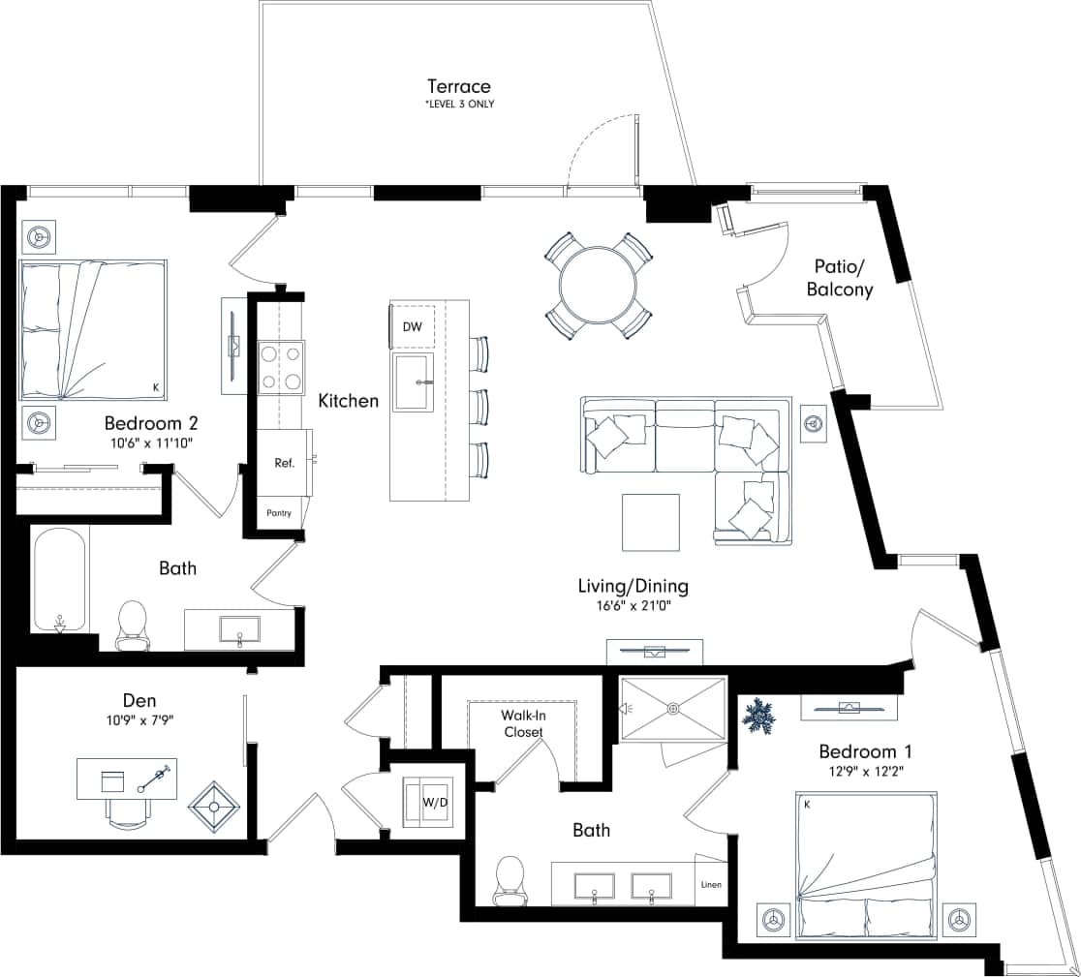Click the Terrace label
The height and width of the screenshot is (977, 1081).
(x=459, y=87)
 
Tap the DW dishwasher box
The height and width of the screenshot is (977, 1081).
(x=413, y=327)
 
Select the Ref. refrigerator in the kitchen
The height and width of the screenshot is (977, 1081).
(x=283, y=463)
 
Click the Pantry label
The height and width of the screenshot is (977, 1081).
(x=278, y=513)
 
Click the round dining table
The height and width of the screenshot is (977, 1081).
(x=597, y=286)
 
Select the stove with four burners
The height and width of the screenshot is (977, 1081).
(x=280, y=367)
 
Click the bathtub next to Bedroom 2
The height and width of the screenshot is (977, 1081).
(x=60, y=578)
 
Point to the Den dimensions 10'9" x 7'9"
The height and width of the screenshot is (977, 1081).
(x=140, y=720)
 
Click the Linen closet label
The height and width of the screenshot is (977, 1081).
(x=711, y=885)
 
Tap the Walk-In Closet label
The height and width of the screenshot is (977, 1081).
(x=521, y=723)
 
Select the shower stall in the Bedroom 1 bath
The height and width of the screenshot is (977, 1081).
(x=672, y=709)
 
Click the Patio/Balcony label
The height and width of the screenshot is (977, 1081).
(x=841, y=280)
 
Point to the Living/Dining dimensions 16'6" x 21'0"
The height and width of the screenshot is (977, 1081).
(x=633, y=606)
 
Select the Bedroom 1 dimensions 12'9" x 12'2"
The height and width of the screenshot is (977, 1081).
(x=865, y=773)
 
